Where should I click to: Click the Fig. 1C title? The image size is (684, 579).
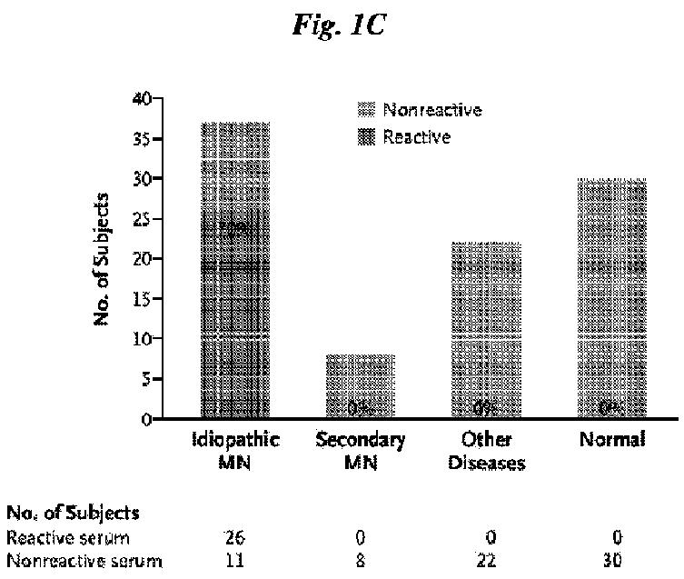pyautogui.click(x=341, y=25)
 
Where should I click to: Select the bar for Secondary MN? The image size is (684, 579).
pyautogui.click(x=361, y=386)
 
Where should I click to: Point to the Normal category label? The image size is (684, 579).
pyautogui.click(x=612, y=440)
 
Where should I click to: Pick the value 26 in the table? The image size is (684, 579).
pyautogui.click(x=233, y=538)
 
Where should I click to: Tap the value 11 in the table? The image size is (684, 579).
pyautogui.click(x=233, y=561)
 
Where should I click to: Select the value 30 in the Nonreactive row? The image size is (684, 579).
pyautogui.click(x=612, y=561)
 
